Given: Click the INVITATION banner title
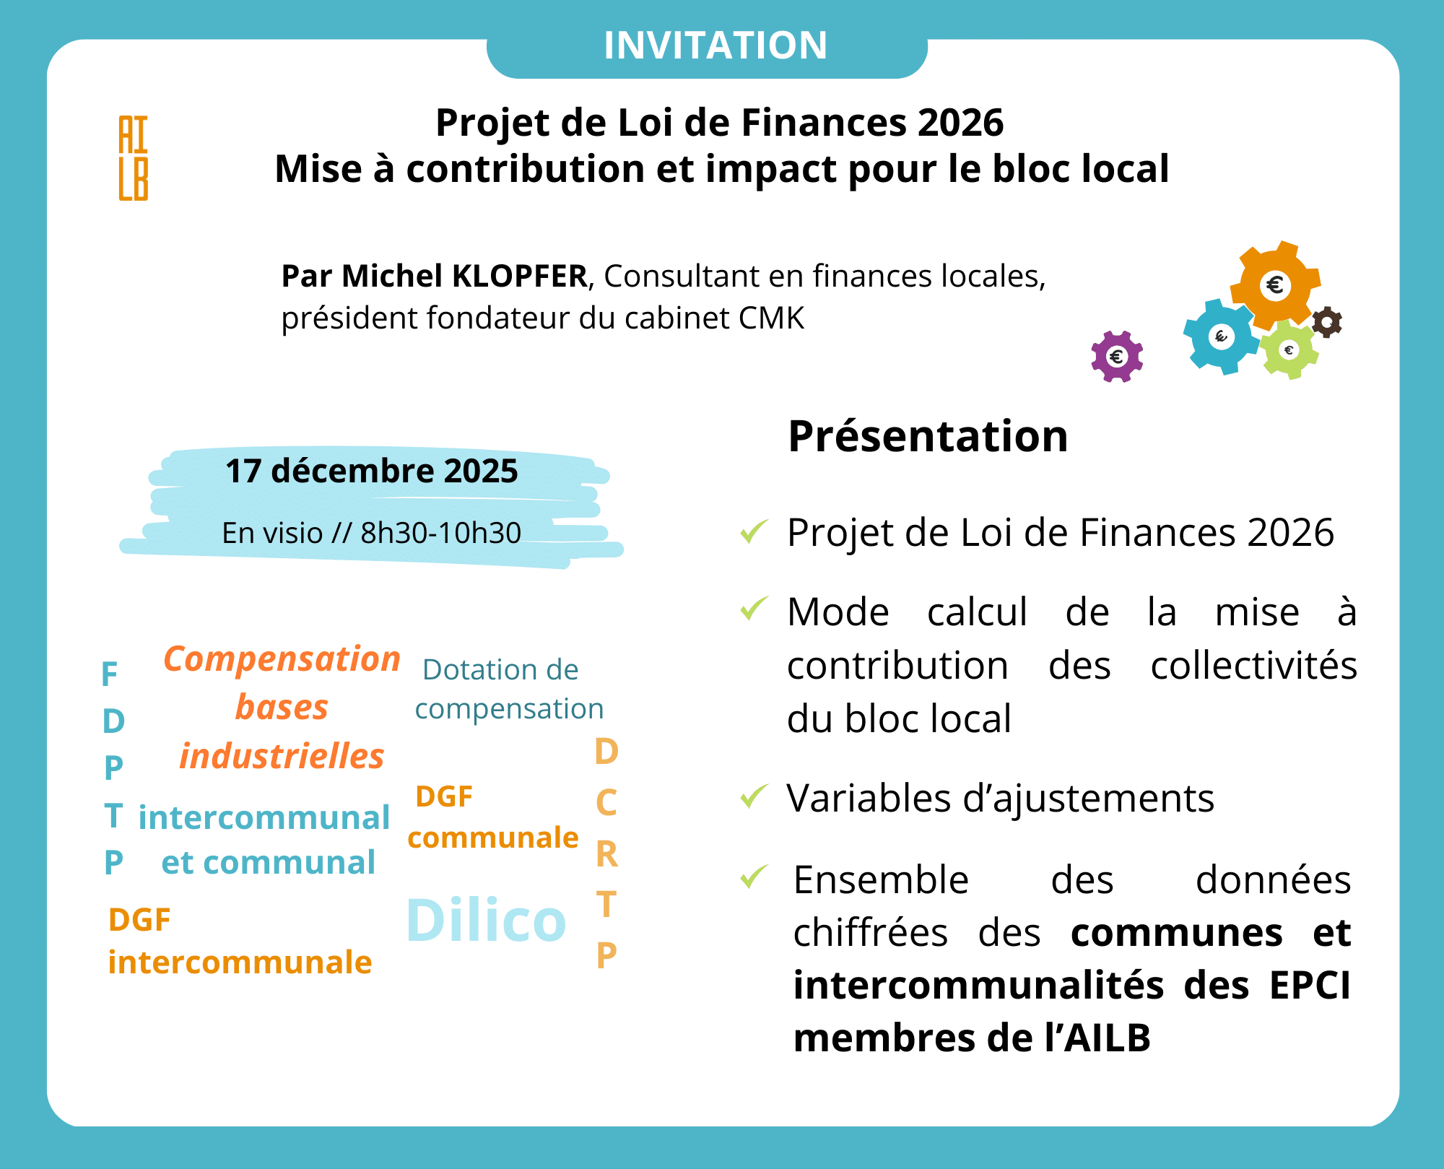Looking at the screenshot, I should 715,45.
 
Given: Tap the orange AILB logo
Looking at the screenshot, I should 134,157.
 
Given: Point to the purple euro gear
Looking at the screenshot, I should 1117,356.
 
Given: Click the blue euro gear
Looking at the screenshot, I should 1221,336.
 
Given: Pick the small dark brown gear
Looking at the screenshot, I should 1326,322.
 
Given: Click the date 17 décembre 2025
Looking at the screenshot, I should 372,471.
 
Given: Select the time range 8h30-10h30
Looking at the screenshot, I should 440,533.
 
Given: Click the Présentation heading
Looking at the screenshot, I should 928,437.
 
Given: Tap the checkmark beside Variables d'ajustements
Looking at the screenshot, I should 754,796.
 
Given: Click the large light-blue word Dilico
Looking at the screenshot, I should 486,921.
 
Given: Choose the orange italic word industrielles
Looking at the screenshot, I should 282,756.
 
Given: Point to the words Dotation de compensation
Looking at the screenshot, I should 508,689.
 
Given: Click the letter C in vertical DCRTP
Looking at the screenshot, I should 606,803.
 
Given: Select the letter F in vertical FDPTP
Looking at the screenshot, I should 110,674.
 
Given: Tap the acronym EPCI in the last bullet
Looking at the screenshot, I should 1309,986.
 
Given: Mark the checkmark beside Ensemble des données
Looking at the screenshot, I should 754,877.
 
